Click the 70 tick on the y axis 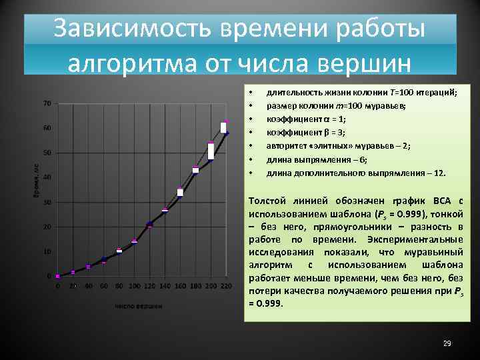[47, 103]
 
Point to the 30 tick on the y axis [47, 202]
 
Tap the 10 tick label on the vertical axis [47, 251]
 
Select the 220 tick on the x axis [227, 286]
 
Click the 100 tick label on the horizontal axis [134, 286]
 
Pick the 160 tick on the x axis [180, 286]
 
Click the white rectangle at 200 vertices [211, 151]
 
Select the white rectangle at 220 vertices [225, 127]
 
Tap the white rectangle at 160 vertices [180, 192]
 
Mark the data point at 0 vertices [57, 276]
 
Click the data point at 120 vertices [149, 225]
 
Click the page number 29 [447, 343]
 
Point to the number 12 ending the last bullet [439, 173]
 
